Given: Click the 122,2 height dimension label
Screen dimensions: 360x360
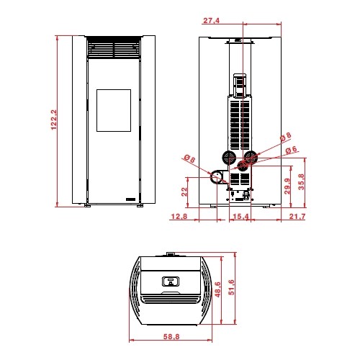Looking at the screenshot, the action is tap(54, 120).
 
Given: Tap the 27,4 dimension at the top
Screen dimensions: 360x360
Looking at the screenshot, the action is tap(211, 21).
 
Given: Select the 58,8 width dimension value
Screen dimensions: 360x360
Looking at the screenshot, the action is tap(171, 336).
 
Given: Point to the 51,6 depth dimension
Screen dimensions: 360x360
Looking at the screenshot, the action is tap(231, 287).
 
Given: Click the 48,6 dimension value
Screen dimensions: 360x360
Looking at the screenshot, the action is tap(217, 289).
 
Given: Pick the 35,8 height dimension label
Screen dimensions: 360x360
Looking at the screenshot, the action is tap(301, 181).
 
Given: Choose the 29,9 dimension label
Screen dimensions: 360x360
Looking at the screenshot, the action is tap(287, 186).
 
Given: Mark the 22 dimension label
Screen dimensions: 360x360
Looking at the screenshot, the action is tap(184, 192).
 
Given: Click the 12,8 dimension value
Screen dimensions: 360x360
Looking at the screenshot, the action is tap(179, 217).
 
